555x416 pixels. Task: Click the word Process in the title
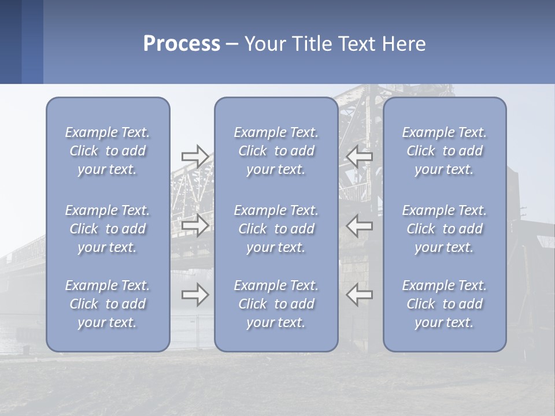tap(182, 44)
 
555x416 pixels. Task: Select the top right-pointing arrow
tap(195, 157)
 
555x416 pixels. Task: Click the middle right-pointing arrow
tap(195, 225)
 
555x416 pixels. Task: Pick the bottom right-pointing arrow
tap(195, 295)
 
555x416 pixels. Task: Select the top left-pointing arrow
tap(359, 157)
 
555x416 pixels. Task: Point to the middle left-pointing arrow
tap(359, 225)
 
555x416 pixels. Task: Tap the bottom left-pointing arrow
tap(359, 295)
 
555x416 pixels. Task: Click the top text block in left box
tap(108, 151)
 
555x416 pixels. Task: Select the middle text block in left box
tap(108, 229)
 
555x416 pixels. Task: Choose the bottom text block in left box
tap(108, 304)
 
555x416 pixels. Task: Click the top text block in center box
tap(276, 151)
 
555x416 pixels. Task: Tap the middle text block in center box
tap(276, 229)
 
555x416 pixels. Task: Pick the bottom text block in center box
tap(276, 304)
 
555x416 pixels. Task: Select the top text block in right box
tap(445, 151)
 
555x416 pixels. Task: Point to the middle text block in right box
tap(445, 229)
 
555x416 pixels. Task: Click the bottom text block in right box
tap(445, 304)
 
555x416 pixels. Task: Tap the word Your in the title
tap(261, 44)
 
